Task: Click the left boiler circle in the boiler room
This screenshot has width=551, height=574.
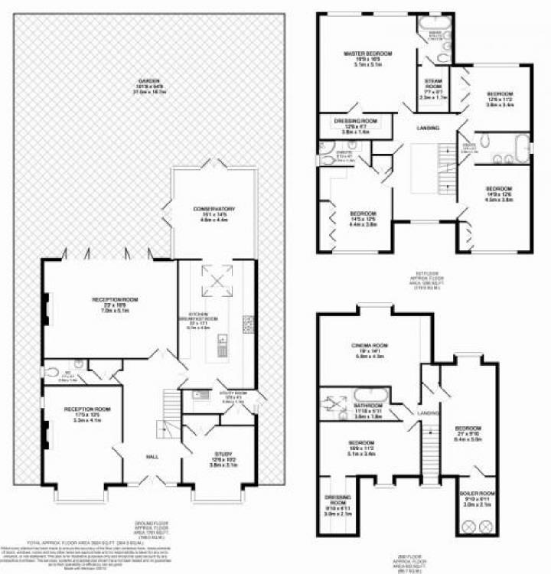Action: point(469,527)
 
